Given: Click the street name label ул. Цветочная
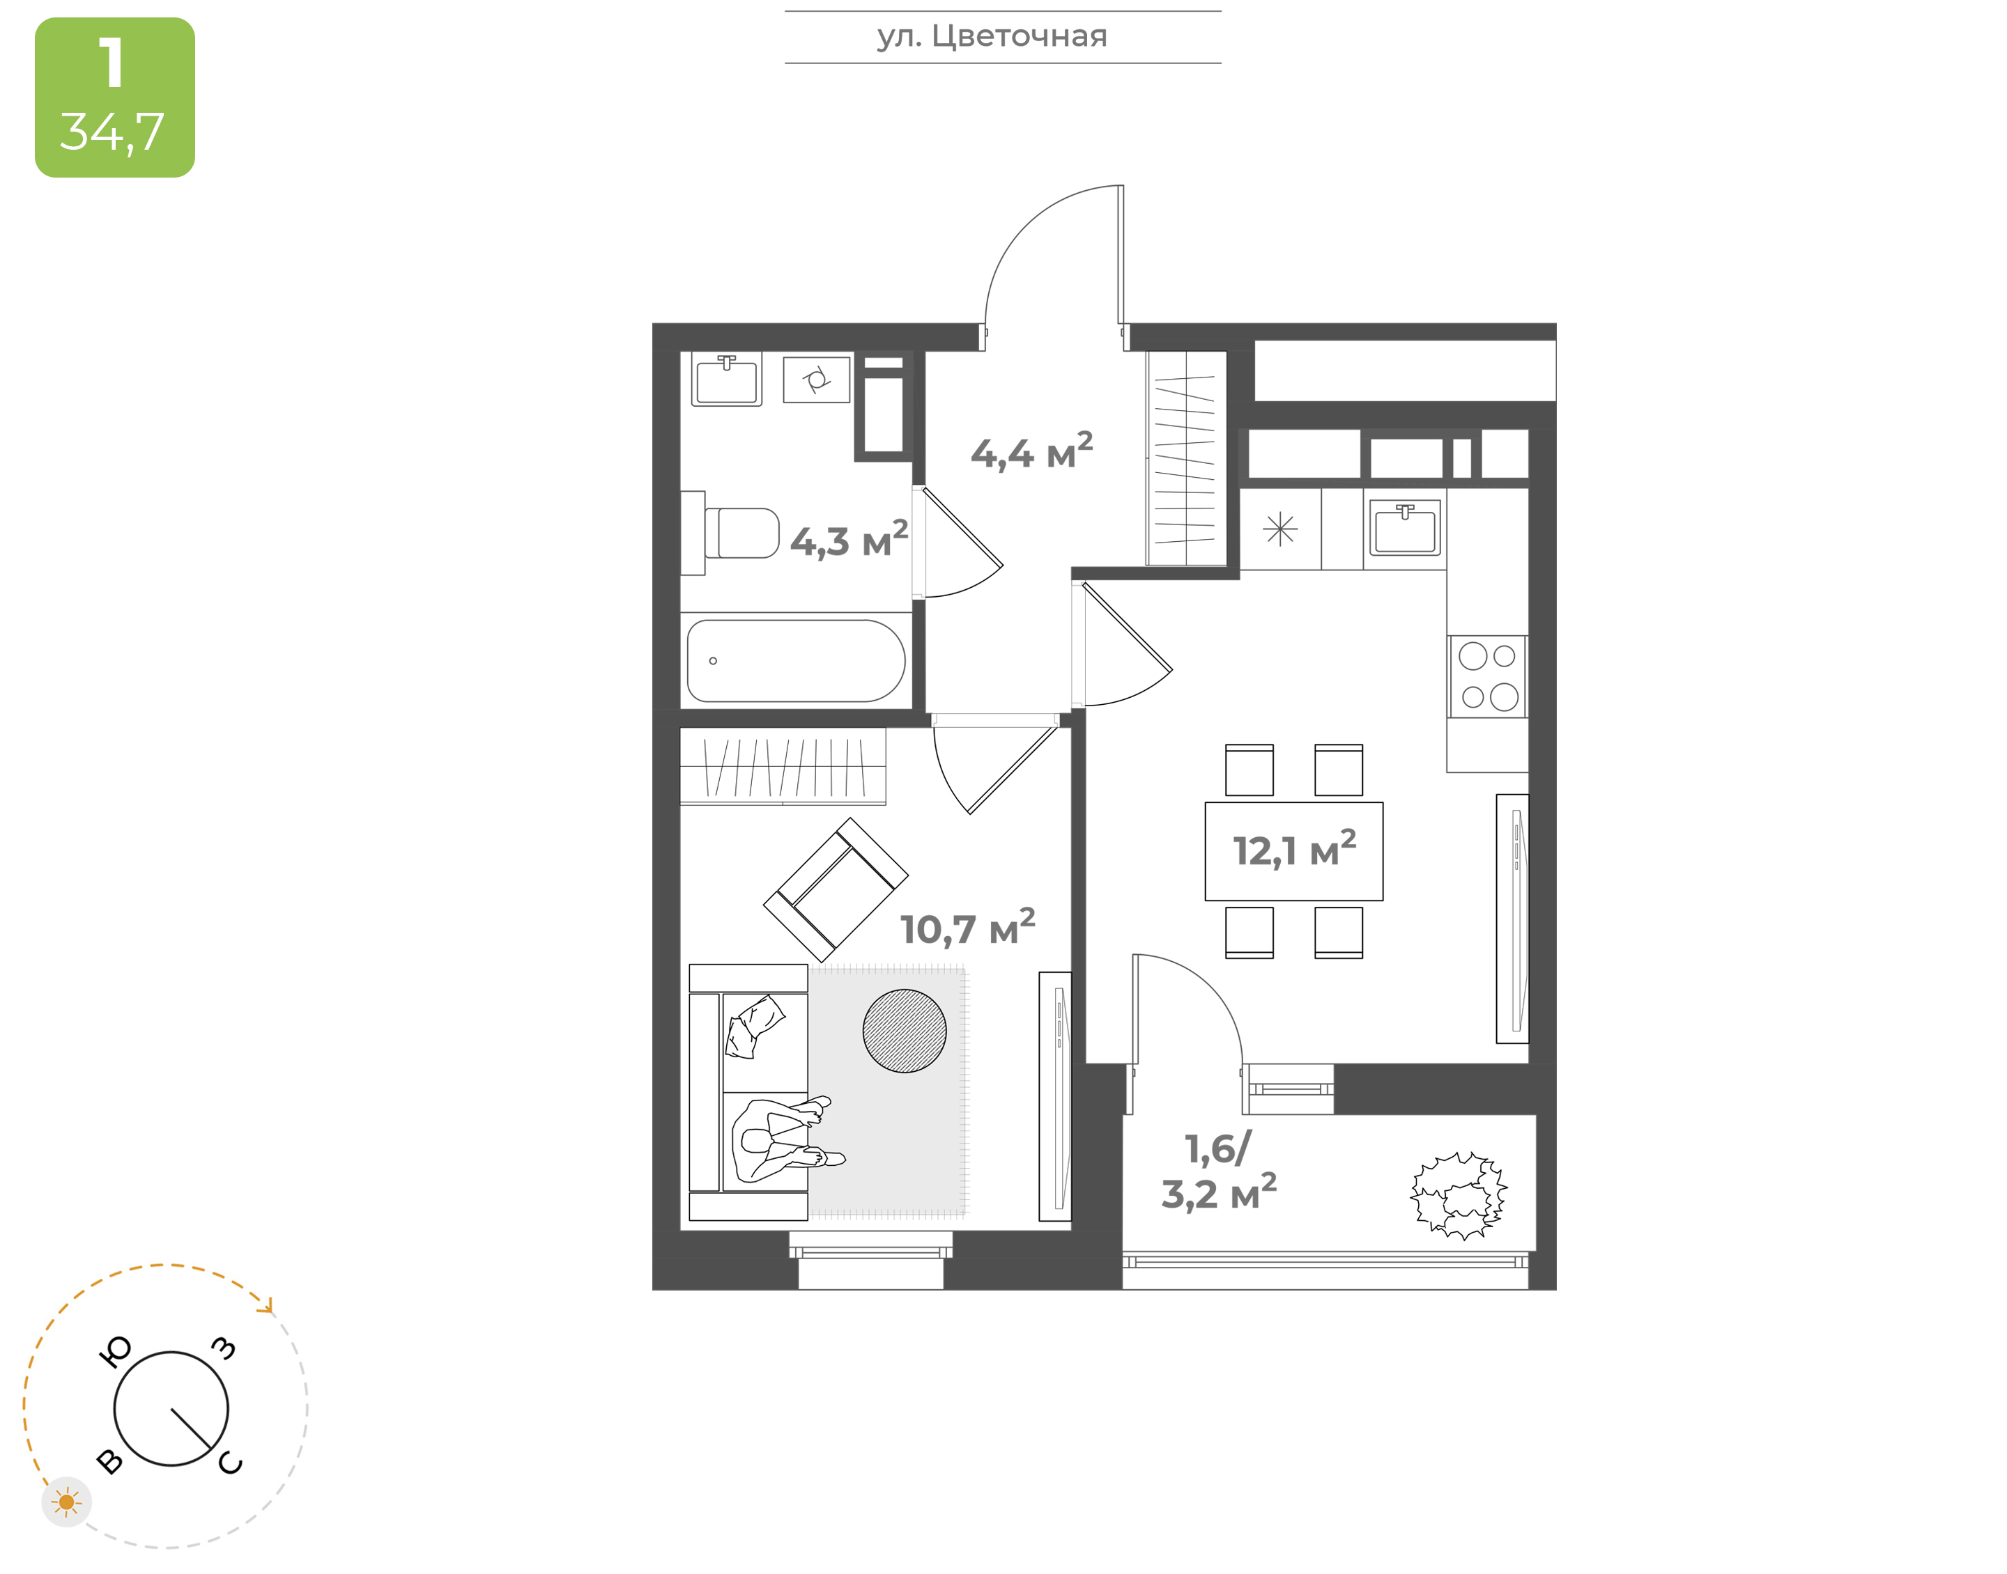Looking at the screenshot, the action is tap(992, 37).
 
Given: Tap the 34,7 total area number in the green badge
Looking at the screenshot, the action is tap(112, 132).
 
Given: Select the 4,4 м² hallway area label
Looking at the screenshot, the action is tap(1031, 451).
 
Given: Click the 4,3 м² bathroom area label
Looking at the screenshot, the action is tap(849, 540).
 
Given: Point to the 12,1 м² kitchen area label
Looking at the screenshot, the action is tap(1294, 850).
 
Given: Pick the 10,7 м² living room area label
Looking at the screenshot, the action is tap(967, 928).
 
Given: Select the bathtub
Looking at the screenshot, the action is tap(796, 661).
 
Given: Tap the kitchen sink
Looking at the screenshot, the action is tap(1404, 528).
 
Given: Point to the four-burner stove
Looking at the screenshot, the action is tap(1488, 676).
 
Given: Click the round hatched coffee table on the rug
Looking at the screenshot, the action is tap(905, 1031).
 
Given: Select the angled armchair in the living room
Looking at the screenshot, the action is tap(836, 889).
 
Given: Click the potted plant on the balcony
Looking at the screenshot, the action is tap(1459, 1194).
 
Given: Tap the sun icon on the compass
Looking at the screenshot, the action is tap(66, 1503).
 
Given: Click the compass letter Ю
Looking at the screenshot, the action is tap(115, 1352).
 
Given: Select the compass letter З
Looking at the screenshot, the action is tap(224, 1349).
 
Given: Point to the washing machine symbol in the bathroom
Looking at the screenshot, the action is tap(816, 380).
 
